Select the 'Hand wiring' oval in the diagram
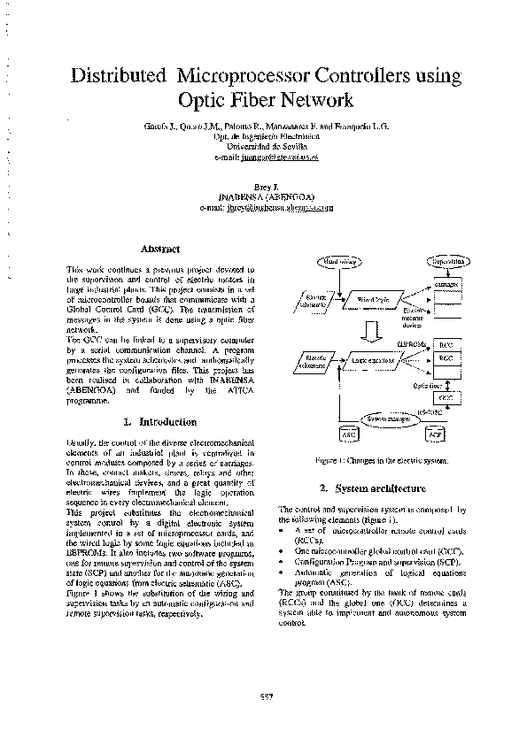[x=339, y=262]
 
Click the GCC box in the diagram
[x=445, y=398]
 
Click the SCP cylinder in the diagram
[x=434, y=435]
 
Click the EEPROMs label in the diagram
[x=415, y=342]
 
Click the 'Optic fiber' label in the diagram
[x=429, y=386]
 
